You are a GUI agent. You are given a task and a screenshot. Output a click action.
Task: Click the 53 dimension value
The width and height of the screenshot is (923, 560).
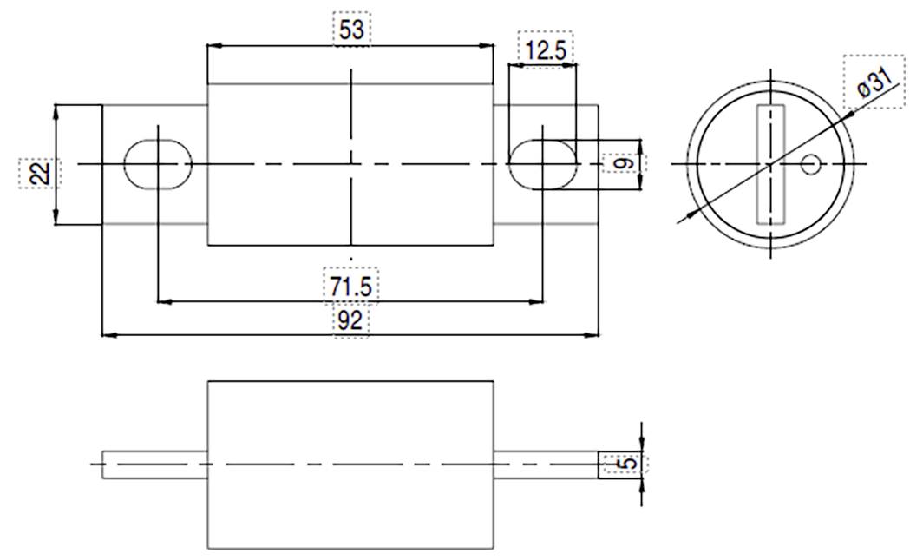(x=351, y=29)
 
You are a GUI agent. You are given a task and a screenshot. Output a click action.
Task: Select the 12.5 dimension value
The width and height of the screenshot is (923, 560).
(x=545, y=49)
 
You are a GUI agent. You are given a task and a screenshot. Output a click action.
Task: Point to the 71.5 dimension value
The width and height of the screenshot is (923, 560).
(x=350, y=286)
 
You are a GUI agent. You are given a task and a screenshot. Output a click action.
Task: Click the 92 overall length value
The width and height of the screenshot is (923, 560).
(x=350, y=320)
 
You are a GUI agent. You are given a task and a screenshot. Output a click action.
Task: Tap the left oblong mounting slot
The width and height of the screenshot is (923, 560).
(x=158, y=163)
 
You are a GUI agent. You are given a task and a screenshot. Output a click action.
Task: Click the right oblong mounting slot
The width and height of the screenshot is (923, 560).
(x=541, y=163)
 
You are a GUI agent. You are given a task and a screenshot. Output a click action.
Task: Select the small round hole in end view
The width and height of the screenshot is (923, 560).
(x=812, y=163)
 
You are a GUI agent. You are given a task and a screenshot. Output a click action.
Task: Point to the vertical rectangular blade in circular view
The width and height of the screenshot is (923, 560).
(x=770, y=163)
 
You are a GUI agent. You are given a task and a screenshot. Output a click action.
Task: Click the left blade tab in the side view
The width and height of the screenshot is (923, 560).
(x=154, y=465)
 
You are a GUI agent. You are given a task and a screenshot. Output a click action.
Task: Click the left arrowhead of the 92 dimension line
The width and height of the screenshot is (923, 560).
(x=108, y=334)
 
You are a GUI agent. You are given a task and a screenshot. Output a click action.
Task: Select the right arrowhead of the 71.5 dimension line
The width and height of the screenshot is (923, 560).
(x=537, y=302)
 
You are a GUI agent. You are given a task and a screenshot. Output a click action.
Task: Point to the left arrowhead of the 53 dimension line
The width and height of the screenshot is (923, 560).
(x=213, y=46)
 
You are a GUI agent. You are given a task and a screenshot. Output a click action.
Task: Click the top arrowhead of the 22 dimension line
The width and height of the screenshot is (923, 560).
(x=56, y=109)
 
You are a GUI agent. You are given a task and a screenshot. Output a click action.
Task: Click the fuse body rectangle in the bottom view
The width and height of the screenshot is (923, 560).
(x=350, y=464)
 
